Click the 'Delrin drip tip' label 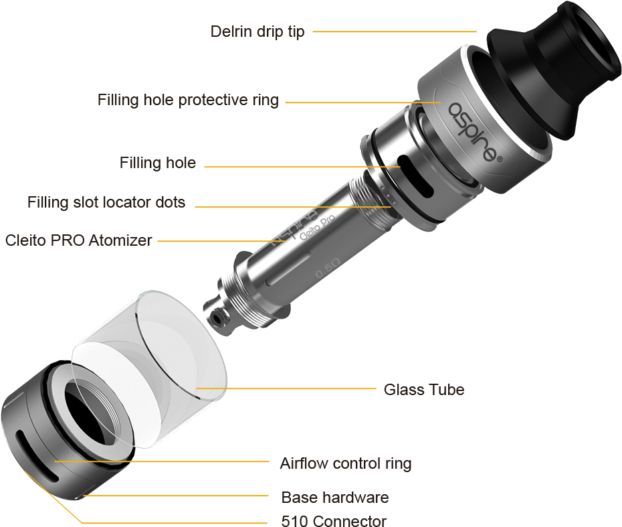click(257, 31)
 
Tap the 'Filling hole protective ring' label click(188, 100)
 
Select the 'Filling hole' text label click(158, 163)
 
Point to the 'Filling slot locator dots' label click(106, 202)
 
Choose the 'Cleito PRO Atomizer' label click(78, 240)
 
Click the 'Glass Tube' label click(424, 390)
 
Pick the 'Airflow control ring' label click(346, 464)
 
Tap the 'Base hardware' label click(335, 498)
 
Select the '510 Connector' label click(334, 520)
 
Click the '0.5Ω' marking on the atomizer click(328, 268)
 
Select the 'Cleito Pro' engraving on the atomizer click(317, 227)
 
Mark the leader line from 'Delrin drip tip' click(395, 31)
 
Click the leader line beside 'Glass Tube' click(286, 388)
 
